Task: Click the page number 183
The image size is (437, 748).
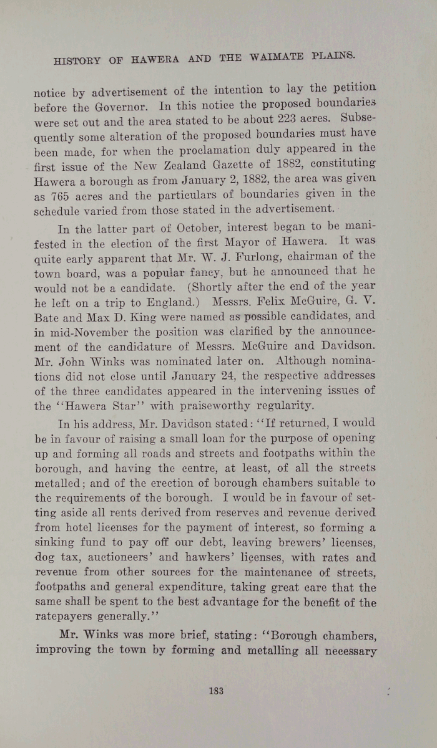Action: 217,690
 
